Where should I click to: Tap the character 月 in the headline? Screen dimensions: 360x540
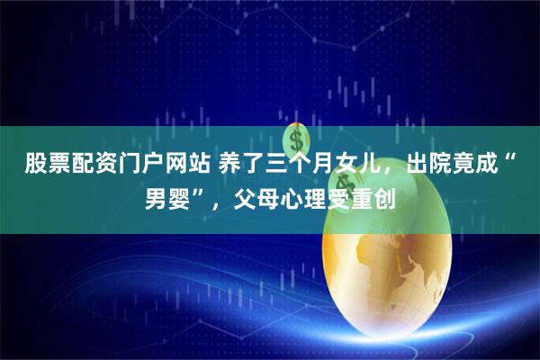(x=305, y=164)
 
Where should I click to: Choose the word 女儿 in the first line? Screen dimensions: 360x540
(x=338, y=164)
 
